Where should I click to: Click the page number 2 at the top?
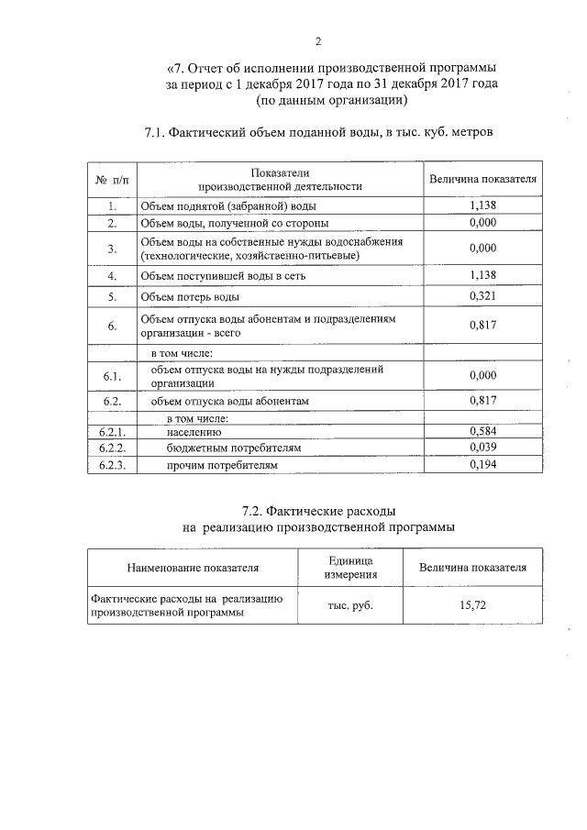[x=318, y=41]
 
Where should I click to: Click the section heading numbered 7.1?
[x=318, y=133]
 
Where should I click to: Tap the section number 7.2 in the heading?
[x=254, y=510]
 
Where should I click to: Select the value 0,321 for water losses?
[x=482, y=296]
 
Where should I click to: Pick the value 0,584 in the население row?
[x=482, y=431]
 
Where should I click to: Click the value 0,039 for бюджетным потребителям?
[x=482, y=448]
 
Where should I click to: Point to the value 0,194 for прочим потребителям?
[x=482, y=465]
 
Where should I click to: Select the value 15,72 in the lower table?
[x=472, y=605]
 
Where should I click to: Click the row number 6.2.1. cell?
[x=112, y=431]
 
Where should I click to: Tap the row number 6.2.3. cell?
[x=112, y=465]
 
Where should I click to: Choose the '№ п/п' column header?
[x=112, y=179]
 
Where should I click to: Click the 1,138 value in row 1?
[x=482, y=206]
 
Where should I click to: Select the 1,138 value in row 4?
[x=482, y=274]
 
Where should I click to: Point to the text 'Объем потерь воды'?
[x=190, y=297]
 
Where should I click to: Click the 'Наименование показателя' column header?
[x=193, y=568]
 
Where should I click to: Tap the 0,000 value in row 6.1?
[x=482, y=376]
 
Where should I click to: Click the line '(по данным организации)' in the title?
[x=331, y=99]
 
